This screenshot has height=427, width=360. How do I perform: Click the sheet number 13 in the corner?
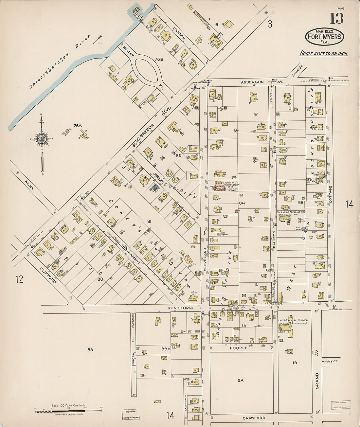pyautogui.click(x=336, y=19)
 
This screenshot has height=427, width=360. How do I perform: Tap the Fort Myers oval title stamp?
pyautogui.click(x=324, y=37)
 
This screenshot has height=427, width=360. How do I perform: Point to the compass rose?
pyautogui.click(x=42, y=139)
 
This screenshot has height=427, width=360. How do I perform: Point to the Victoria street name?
pyautogui.click(x=183, y=308)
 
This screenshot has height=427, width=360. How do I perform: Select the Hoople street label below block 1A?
pyautogui.click(x=239, y=348)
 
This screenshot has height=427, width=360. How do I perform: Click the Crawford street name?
pyautogui.click(x=254, y=418)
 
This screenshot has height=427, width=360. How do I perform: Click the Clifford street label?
pyautogui.click(x=48, y=276)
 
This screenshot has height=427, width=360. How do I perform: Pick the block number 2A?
pyautogui.click(x=241, y=381)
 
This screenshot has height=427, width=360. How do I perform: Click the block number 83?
pyautogui.click(x=90, y=350)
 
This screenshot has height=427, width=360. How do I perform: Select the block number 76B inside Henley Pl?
pyautogui.click(x=159, y=59)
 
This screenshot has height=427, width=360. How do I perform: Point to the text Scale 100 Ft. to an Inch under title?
pyautogui.click(x=323, y=54)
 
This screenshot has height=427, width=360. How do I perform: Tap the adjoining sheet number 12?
pyautogui.click(x=19, y=279)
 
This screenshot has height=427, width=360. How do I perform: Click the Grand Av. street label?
pyautogui.click(x=317, y=381)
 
